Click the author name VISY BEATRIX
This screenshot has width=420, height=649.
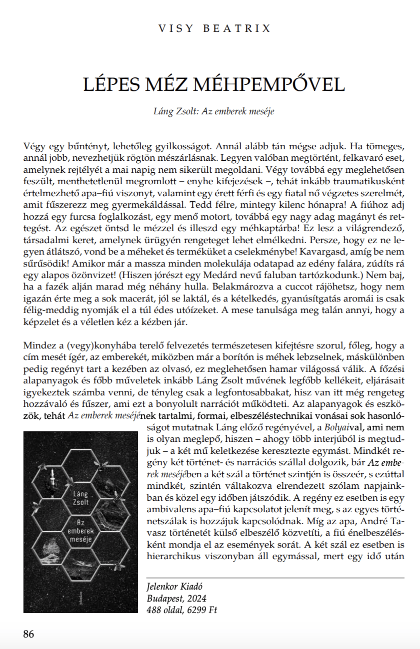pos(214,28)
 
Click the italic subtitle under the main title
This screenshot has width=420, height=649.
pos(213,111)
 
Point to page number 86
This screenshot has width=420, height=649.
pos(29,634)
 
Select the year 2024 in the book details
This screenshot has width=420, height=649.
pos(196,598)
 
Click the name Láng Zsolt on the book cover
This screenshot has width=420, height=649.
pos(80,498)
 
